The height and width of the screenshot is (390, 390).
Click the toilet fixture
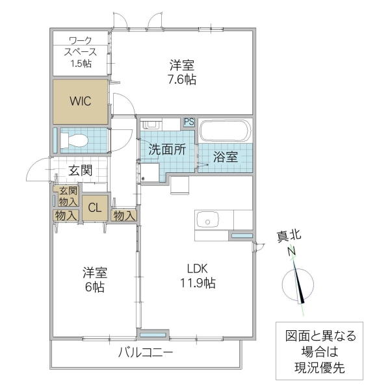(77, 140)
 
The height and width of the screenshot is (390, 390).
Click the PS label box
(188, 122)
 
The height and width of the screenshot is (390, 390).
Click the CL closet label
(95, 208)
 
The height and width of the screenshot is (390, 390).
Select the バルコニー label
(146, 354)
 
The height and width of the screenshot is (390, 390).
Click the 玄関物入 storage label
(68, 196)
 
